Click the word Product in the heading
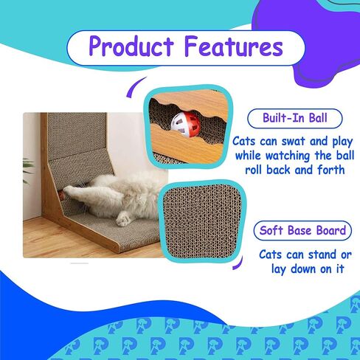tap(131, 46)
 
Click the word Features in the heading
tap(234, 46)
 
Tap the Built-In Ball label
tap(295, 118)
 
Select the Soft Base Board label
tap(302, 231)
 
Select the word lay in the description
tap(279, 269)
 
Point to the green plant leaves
tap(27, 170)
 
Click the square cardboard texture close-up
tap(201, 221)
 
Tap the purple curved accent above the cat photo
tap(135, 86)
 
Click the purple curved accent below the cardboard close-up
tap(238, 263)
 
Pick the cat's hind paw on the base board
tap(122, 220)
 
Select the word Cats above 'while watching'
tap(244, 142)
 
